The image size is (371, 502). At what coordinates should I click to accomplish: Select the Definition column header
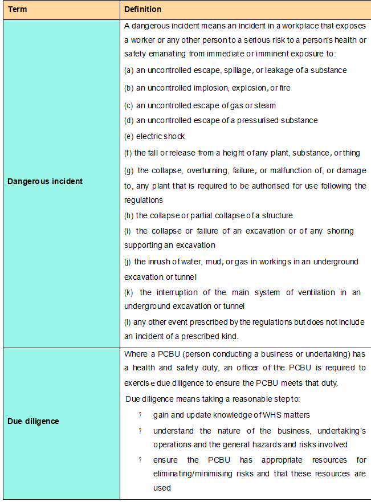point(143,10)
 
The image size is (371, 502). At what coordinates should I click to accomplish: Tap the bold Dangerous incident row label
point(45,181)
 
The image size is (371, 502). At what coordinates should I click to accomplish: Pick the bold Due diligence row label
point(33,421)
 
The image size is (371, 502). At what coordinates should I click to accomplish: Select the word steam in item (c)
point(266,105)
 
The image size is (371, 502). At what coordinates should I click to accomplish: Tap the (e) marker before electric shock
point(129,136)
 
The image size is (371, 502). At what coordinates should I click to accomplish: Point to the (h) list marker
point(129,215)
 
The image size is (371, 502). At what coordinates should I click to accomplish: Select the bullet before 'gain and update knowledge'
point(140,414)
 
